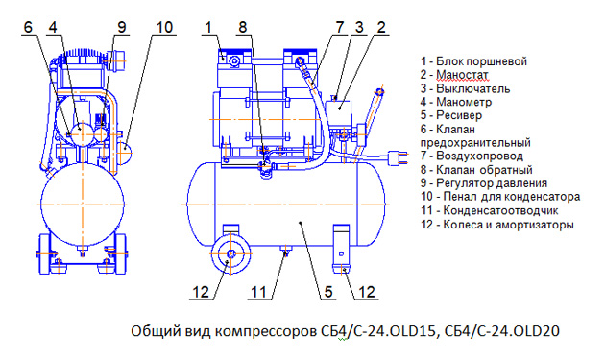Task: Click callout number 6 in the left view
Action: [x=28, y=28]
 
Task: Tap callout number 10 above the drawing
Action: [x=164, y=28]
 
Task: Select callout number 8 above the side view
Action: [x=242, y=28]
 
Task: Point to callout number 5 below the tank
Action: [x=328, y=292]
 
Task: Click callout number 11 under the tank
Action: [x=259, y=292]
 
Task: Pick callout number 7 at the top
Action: [x=340, y=28]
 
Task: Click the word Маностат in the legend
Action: [x=462, y=75]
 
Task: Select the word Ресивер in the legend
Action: [x=459, y=115]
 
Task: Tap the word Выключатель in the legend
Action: [x=473, y=88]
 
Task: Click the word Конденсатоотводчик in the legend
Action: [x=501, y=210]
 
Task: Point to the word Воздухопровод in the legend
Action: [x=479, y=156]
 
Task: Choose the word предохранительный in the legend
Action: [x=475, y=143]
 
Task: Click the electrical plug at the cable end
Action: [x=398, y=157]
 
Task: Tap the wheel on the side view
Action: [x=230, y=253]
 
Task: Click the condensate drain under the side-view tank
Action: [x=285, y=250]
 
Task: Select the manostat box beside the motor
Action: [x=339, y=110]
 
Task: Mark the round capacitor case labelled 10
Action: [x=124, y=153]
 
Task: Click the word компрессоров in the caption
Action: [x=266, y=331]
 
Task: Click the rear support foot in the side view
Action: [x=342, y=249]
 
